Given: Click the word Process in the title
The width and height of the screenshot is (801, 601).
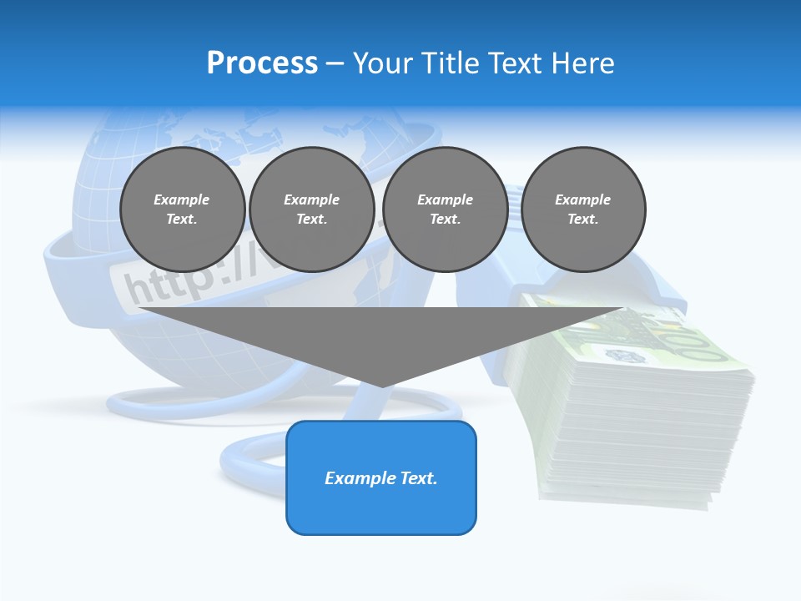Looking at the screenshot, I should (262, 63).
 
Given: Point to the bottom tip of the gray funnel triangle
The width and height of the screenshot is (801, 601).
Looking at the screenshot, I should (382, 385).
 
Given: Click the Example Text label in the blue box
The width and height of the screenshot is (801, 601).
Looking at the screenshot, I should (380, 478).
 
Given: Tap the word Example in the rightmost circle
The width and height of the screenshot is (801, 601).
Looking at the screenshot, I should (582, 199).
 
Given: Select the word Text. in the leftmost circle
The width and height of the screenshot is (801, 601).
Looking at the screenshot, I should (182, 219).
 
